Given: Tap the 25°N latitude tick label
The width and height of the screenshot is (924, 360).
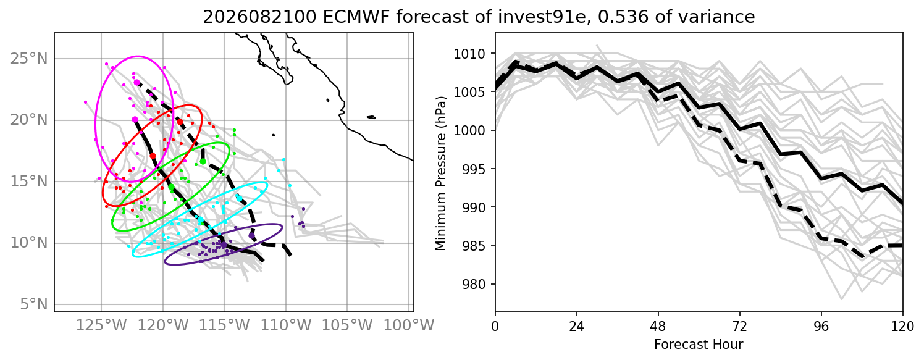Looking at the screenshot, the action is [29, 59].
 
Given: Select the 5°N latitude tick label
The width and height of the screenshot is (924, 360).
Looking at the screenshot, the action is [34, 305].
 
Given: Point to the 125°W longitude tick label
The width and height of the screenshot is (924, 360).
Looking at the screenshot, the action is [101, 325].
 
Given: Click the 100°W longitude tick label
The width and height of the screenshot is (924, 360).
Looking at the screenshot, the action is [409, 325].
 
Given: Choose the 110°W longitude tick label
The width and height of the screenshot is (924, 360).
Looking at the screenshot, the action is [286, 325].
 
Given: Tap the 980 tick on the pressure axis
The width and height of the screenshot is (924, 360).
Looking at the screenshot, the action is [474, 284].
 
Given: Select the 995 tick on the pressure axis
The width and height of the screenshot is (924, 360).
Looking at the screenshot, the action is [474, 169].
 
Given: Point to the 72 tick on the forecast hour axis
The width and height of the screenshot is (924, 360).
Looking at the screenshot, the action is [739, 327].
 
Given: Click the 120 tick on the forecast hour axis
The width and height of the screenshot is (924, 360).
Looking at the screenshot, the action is [903, 327].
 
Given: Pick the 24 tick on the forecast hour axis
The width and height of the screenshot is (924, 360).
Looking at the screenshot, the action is [577, 327].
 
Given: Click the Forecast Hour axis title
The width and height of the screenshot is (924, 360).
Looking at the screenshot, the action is [699, 345].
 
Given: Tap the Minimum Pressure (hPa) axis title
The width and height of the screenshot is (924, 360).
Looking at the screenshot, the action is [441, 173].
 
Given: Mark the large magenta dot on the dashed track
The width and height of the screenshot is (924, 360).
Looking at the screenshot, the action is [137, 83].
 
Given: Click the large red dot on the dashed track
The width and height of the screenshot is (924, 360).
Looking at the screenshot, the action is [180, 122].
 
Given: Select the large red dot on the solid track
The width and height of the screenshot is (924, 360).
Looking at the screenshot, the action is [153, 156].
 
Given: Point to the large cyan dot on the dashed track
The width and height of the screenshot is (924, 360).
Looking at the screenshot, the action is [239, 198].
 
